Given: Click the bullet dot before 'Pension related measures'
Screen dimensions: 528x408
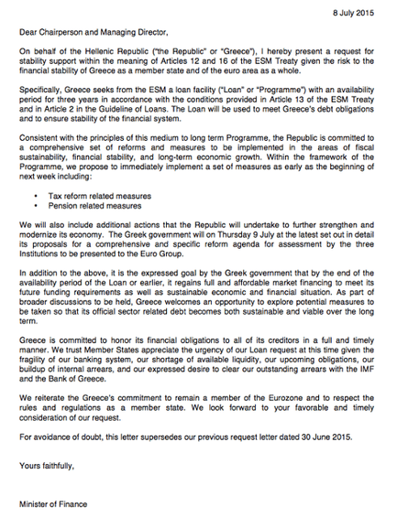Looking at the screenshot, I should click(36, 232).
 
